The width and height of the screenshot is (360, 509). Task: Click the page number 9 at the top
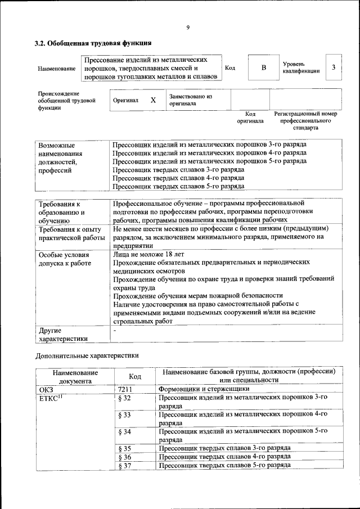pyautogui.click(x=188, y=28)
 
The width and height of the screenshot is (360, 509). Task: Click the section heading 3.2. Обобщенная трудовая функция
pyautogui.click(x=93, y=43)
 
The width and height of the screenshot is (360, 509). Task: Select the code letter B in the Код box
pyautogui.click(x=263, y=68)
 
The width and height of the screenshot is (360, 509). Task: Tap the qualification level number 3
pyautogui.click(x=334, y=68)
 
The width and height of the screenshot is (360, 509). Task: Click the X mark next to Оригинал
pyautogui.click(x=152, y=100)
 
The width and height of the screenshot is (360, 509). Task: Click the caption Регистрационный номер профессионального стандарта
pyautogui.click(x=305, y=120)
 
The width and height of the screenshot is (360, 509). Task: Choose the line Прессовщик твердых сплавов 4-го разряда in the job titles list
pyautogui.click(x=178, y=177)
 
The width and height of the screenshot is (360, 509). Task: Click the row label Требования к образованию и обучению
pyautogui.click(x=61, y=212)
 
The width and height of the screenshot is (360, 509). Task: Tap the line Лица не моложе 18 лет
pyautogui.click(x=148, y=254)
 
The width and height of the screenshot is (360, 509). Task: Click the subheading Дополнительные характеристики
pyautogui.click(x=87, y=355)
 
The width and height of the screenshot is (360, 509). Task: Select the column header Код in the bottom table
pyautogui.click(x=134, y=376)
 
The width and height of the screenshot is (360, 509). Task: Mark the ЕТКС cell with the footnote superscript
pyautogui.click(x=49, y=398)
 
